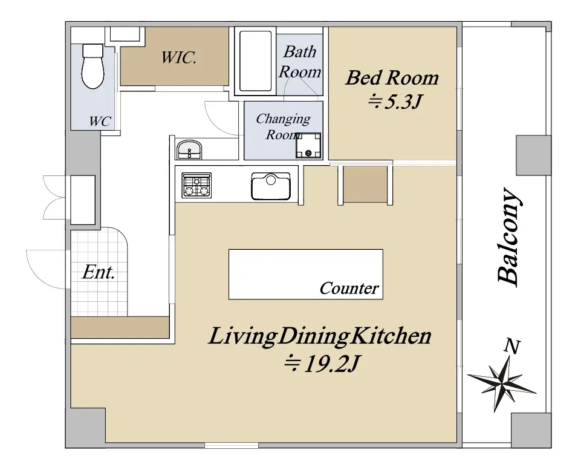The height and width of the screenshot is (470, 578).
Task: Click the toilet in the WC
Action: pyautogui.click(x=93, y=66)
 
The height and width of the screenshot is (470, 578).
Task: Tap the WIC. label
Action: pyautogui.click(x=179, y=57)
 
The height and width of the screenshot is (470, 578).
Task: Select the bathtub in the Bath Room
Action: pyautogui.click(x=256, y=61)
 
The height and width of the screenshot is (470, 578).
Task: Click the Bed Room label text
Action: pyautogui.click(x=392, y=78)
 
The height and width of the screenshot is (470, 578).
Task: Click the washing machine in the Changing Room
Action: pyautogui.click(x=308, y=145)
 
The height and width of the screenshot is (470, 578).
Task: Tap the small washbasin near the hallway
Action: pyautogui.click(x=189, y=149)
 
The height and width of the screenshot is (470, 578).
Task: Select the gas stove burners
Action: pyautogui.click(x=196, y=185)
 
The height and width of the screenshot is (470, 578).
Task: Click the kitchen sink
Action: pyautogui.click(x=271, y=186)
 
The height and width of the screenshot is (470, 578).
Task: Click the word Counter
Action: pyautogui.click(x=349, y=288)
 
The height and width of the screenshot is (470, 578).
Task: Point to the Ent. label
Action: pyautogui.click(x=99, y=273)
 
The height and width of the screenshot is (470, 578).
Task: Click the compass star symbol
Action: pyautogui.click(x=501, y=384)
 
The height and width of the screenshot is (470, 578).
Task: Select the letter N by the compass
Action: pyautogui.click(x=512, y=347)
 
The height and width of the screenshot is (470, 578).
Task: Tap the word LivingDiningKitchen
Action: pyautogui.click(x=320, y=336)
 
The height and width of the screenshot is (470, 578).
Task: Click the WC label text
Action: pyautogui.click(x=100, y=121)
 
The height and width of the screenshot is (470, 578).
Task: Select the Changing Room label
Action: pyautogui.click(x=284, y=126)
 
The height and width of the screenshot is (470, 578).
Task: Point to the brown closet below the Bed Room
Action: pyautogui.click(x=366, y=184)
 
